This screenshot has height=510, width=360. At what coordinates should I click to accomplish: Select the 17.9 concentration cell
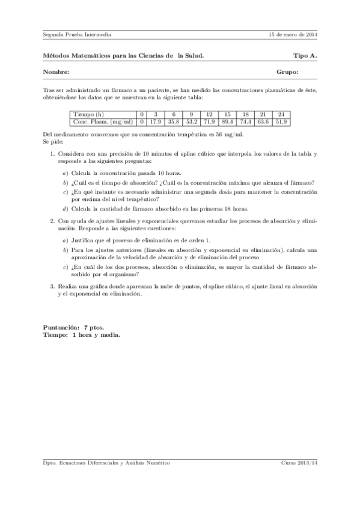pyautogui.click(x=156, y=121)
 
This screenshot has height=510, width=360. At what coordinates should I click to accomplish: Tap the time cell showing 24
pyautogui.click(x=281, y=114)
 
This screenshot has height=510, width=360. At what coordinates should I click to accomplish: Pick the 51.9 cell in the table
pyautogui.click(x=281, y=121)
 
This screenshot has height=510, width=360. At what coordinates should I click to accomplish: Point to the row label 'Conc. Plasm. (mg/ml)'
pyautogui.click(x=102, y=121)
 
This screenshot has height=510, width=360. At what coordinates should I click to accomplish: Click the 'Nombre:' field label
pyautogui.click(x=56, y=72)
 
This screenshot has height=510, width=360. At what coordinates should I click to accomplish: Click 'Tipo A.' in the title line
pyautogui.click(x=305, y=55)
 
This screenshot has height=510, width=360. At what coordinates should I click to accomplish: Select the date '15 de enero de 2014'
pyautogui.click(x=293, y=34)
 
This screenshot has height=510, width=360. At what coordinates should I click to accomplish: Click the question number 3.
pyautogui.click(x=52, y=287)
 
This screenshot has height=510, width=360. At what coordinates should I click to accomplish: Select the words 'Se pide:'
pyautogui.click(x=53, y=142)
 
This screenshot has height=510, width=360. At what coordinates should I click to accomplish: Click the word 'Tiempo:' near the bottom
pyautogui.click(x=55, y=334)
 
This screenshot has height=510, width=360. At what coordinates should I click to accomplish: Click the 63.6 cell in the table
pyautogui.click(x=263, y=121)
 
